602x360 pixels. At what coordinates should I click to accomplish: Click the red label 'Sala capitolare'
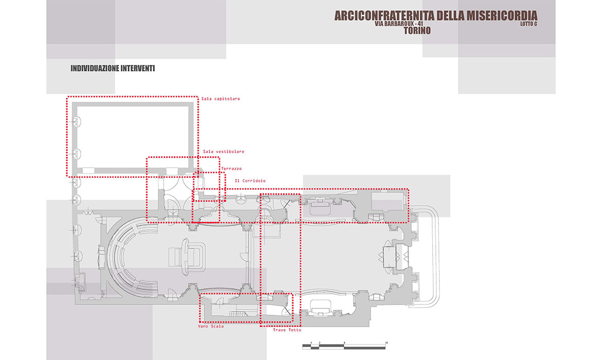pos(221,99)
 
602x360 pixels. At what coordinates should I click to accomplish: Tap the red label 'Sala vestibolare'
pos(223,152)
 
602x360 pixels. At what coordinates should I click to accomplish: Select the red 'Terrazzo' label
pos(231,169)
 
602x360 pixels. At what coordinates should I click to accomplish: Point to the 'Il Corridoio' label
pos(250,181)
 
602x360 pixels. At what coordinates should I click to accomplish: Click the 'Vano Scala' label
pos(210,326)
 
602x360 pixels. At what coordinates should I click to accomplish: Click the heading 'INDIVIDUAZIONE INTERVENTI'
pos(113,68)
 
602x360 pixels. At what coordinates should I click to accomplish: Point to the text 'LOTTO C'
pos(528,24)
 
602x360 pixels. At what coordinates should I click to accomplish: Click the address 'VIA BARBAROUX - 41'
pos(399,23)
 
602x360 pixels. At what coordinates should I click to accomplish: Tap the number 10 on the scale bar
pos(386,343)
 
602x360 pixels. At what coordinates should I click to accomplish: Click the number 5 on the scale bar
pos(344,343)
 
